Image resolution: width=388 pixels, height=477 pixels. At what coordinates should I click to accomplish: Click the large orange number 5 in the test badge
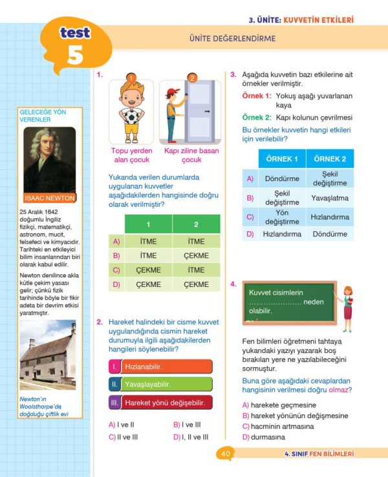[75, 56]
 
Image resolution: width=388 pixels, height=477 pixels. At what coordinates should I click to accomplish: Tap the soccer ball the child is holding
[132, 117]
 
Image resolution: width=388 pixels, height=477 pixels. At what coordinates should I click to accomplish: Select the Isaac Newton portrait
[50, 165]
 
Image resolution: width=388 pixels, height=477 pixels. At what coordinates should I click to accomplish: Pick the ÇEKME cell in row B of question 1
[196, 256]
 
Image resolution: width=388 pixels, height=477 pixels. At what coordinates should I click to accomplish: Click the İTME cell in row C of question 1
[196, 270]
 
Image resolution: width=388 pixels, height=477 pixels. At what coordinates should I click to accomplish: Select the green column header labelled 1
[148, 224]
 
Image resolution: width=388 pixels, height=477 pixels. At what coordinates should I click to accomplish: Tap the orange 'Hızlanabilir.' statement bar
[160, 366]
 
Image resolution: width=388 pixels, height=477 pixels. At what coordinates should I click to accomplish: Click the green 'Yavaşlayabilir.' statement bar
[160, 385]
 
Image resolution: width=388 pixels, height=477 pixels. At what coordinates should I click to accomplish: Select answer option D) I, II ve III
[191, 437]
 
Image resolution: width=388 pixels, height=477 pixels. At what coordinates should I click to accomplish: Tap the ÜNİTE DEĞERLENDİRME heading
[232, 39]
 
